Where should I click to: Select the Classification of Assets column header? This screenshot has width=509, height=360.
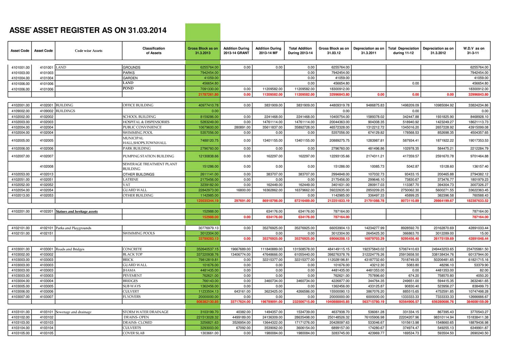click(153, 51)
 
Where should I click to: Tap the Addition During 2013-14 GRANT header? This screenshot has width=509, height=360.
click(236, 51)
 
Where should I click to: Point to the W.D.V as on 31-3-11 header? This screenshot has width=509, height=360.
click(474, 51)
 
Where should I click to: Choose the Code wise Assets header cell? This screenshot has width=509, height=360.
click(89, 51)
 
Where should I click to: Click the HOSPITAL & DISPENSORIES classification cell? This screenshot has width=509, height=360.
click(146, 122)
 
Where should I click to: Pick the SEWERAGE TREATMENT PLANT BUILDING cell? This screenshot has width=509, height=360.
click(150, 166)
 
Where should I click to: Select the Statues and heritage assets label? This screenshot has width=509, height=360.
click(77, 211)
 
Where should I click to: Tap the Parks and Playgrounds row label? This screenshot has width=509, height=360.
click(74, 228)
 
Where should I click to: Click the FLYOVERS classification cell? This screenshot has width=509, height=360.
click(132, 297)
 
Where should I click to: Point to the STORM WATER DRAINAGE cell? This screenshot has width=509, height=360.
click(146, 312)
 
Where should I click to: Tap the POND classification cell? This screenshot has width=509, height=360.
click(128, 89)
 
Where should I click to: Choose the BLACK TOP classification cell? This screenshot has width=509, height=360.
click(133, 254)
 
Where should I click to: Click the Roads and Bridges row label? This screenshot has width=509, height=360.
click(70, 249)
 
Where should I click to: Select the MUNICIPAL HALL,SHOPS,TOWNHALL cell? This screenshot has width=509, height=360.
click(145, 140)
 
